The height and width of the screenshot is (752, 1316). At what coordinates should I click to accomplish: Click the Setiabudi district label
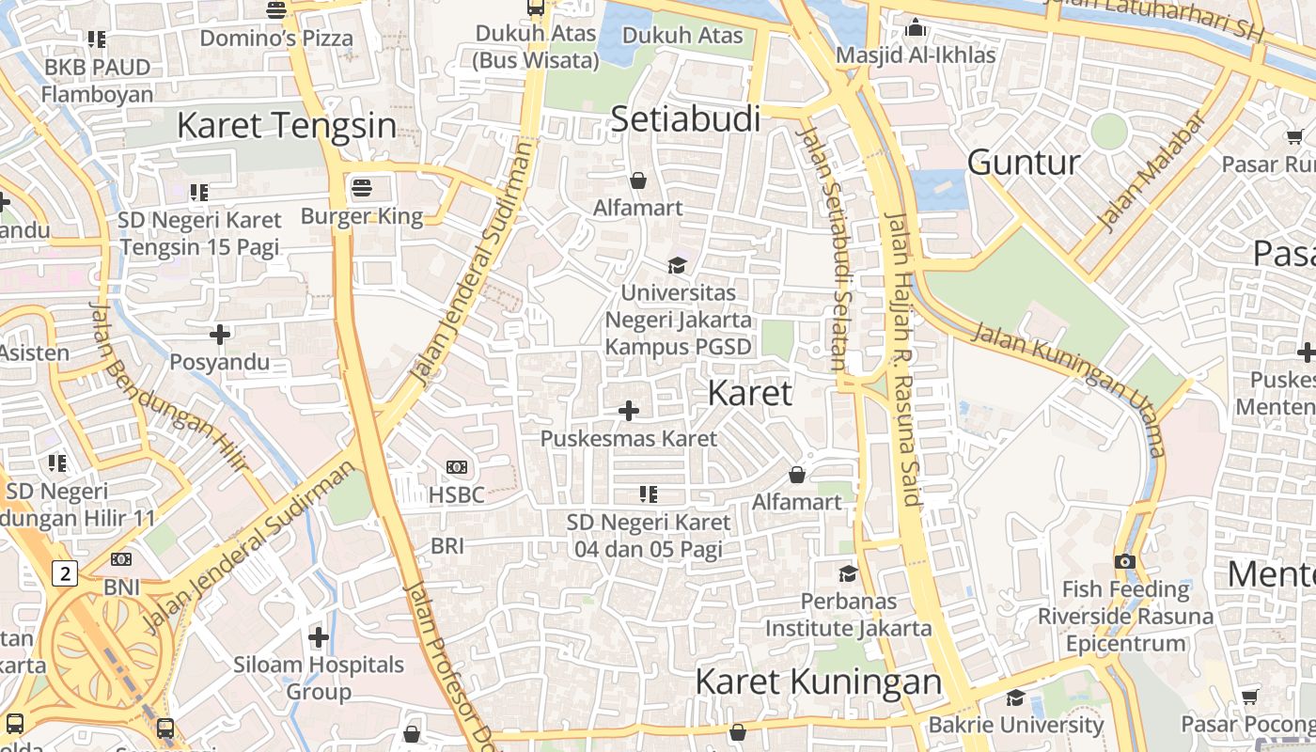(685, 119)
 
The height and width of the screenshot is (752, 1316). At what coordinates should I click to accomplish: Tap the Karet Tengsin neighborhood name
(287, 125)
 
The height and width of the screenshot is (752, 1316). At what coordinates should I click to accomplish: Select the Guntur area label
(1024, 163)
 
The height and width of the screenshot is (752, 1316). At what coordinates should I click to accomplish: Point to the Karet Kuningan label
(818, 681)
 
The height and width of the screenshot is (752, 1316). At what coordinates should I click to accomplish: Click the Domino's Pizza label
(276, 39)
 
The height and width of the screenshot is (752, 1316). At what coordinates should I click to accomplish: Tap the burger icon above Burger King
(362, 188)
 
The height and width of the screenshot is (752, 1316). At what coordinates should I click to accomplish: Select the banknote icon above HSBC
(457, 467)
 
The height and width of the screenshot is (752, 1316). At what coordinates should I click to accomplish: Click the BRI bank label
(447, 545)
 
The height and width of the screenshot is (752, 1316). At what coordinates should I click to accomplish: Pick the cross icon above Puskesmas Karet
(629, 411)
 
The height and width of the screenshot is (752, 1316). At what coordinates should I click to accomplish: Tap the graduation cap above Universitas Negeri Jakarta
(677, 265)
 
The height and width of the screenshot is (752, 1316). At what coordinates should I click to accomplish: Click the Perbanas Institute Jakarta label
(848, 615)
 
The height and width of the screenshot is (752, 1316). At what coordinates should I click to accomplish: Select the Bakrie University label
(1016, 725)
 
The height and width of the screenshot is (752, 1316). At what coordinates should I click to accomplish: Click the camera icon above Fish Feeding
(1125, 561)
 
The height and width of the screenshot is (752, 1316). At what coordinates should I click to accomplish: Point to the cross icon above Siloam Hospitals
(319, 637)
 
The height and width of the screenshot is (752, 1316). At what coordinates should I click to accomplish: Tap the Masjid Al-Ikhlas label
(916, 55)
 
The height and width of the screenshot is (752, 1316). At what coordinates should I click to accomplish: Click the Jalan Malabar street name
(1151, 173)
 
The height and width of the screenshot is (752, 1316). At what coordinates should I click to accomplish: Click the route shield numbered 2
(64, 572)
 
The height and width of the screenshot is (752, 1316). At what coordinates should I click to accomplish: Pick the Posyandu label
(219, 362)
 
